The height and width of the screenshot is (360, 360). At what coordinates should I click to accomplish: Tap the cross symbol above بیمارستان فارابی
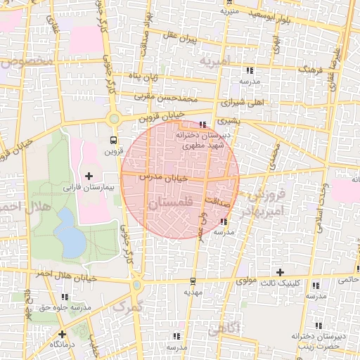pyautogui.click(x=89, y=174)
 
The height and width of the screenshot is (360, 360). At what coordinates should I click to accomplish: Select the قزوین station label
pyautogui.click(x=114, y=151)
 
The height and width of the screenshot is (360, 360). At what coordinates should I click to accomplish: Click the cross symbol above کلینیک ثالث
pyautogui.click(x=280, y=272)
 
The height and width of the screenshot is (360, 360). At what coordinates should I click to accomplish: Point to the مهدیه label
pyautogui.click(x=193, y=291)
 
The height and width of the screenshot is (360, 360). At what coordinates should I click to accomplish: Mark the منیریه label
pyautogui.click(x=230, y=11)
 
